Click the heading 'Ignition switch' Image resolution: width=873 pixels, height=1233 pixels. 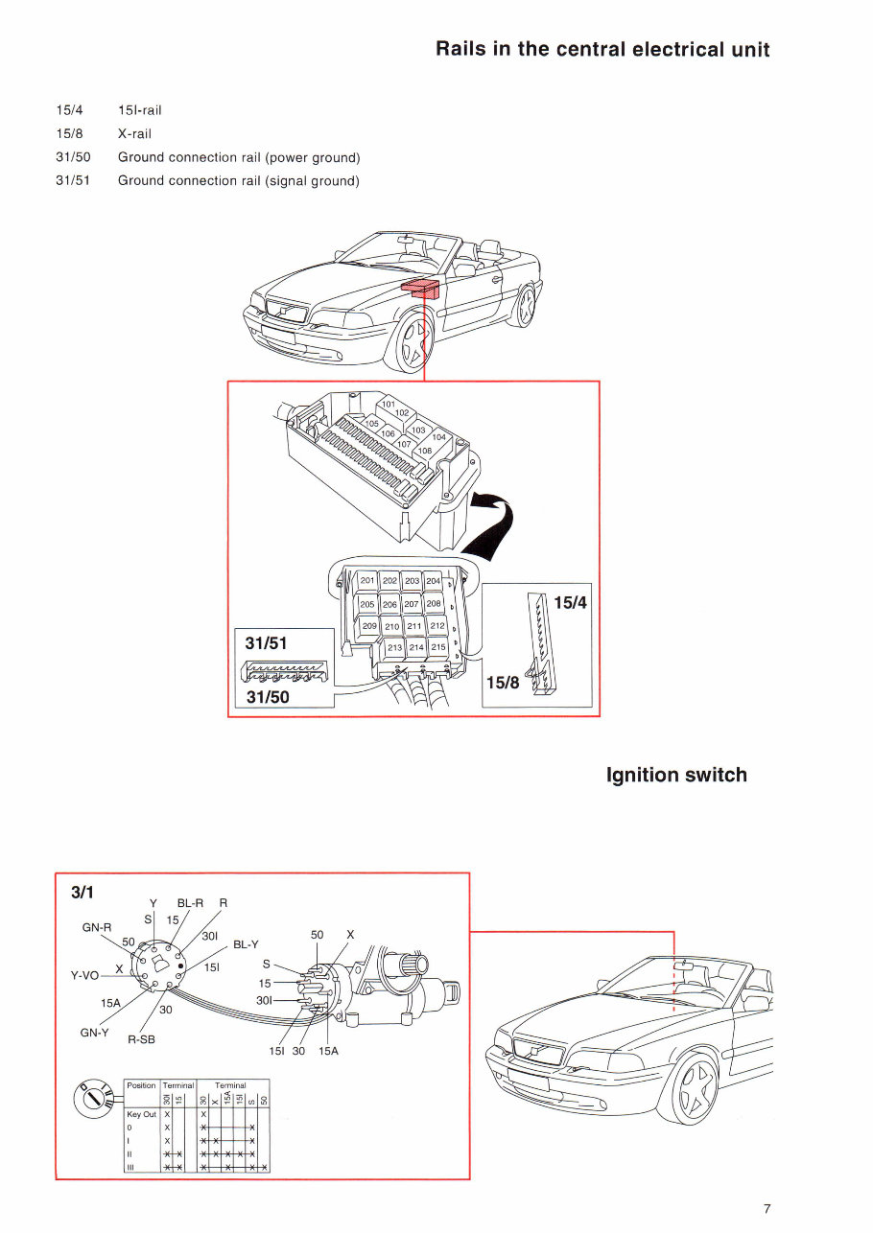[x=676, y=775]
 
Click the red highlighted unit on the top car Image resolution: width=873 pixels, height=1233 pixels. [x=421, y=288]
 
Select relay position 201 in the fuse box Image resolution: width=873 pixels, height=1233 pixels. [x=367, y=581]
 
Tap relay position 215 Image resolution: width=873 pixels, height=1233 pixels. [x=437, y=647]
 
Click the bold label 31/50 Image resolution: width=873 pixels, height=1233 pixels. [x=268, y=697]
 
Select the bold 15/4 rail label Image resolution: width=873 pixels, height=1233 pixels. [x=570, y=605]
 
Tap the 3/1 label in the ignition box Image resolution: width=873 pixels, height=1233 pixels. [x=83, y=892]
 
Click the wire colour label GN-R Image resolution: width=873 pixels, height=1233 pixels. [x=97, y=927]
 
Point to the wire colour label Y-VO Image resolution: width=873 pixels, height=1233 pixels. [x=85, y=975]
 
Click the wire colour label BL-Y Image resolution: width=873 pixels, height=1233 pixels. [x=246, y=943]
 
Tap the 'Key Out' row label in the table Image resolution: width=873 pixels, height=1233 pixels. [x=141, y=1114]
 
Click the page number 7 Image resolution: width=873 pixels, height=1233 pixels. [x=767, y=1208]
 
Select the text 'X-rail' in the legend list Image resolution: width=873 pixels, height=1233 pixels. [x=134, y=133]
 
